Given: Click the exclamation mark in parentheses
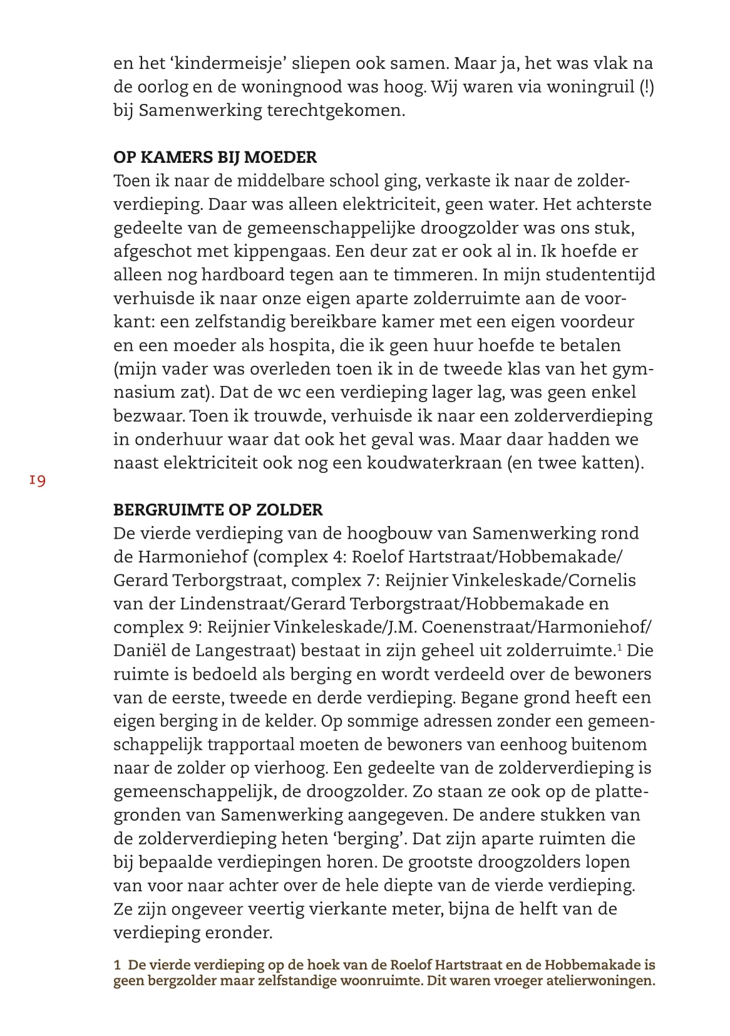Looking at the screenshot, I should point(647,87).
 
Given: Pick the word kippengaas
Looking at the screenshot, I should point(282,251).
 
